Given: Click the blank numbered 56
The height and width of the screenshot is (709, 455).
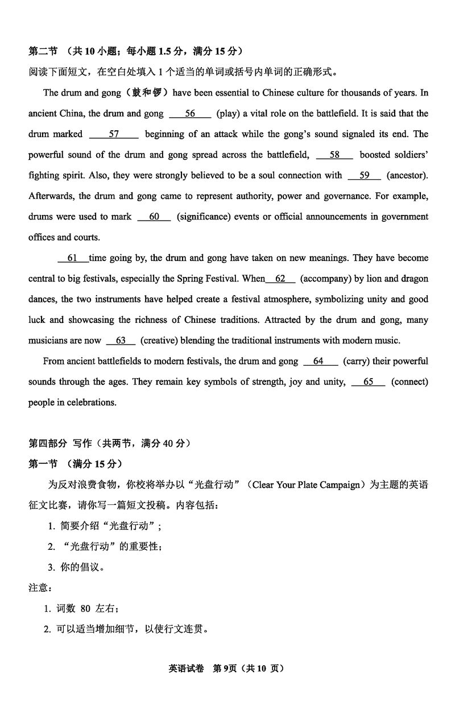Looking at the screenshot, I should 190,114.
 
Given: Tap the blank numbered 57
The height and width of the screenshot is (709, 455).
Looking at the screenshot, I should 114,134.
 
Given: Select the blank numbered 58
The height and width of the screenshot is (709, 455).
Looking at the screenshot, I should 334,155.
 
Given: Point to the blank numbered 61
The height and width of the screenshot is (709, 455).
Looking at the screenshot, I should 73,258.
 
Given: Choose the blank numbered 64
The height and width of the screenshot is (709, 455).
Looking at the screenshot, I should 318,361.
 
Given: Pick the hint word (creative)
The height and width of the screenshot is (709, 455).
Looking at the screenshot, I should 160,341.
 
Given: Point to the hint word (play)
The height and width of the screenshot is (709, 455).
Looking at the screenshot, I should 228,114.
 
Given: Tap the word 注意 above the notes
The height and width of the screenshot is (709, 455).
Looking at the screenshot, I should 39,588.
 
